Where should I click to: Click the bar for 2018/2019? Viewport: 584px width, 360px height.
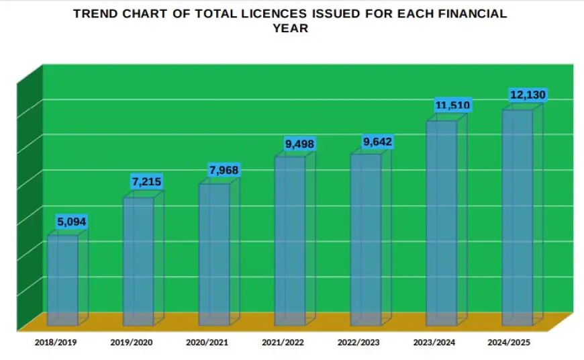(x=62, y=281)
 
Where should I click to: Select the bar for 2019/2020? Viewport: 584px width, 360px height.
(x=138, y=262)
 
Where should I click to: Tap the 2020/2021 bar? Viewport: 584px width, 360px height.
(x=214, y=255)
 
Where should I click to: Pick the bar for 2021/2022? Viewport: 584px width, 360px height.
(x=290, y=242)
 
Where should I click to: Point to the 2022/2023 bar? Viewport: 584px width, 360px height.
(x=366, y=240)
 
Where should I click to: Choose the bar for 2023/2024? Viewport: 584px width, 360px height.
(x=442, y=224)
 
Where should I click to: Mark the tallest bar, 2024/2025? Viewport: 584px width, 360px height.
(x=518, y=218)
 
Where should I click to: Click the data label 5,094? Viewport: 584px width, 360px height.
(x=72, y=222)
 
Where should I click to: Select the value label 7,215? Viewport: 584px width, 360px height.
(x=147, y=182)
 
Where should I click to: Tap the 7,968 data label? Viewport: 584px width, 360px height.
(x=224, y=171)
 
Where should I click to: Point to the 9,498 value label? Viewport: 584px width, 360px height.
(x=300, y=144)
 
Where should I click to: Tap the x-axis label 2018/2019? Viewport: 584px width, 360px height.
(x=56, y=343)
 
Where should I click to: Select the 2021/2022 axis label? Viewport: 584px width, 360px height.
(x=283, y=343)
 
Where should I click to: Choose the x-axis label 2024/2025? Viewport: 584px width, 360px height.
(x=509, y=343)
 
